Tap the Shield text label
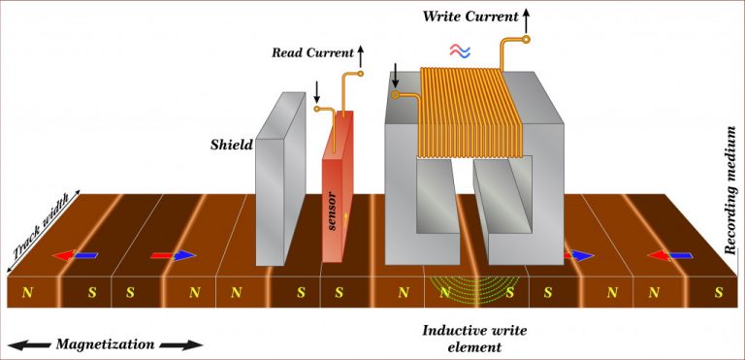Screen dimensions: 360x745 point(232,146)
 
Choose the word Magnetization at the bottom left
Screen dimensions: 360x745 point(104,344)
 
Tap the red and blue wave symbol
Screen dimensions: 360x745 point(461,49)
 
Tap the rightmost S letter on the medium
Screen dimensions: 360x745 point(719,291)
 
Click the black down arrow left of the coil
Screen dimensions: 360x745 point(396,75)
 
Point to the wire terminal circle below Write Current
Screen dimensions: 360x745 point(529,40)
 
